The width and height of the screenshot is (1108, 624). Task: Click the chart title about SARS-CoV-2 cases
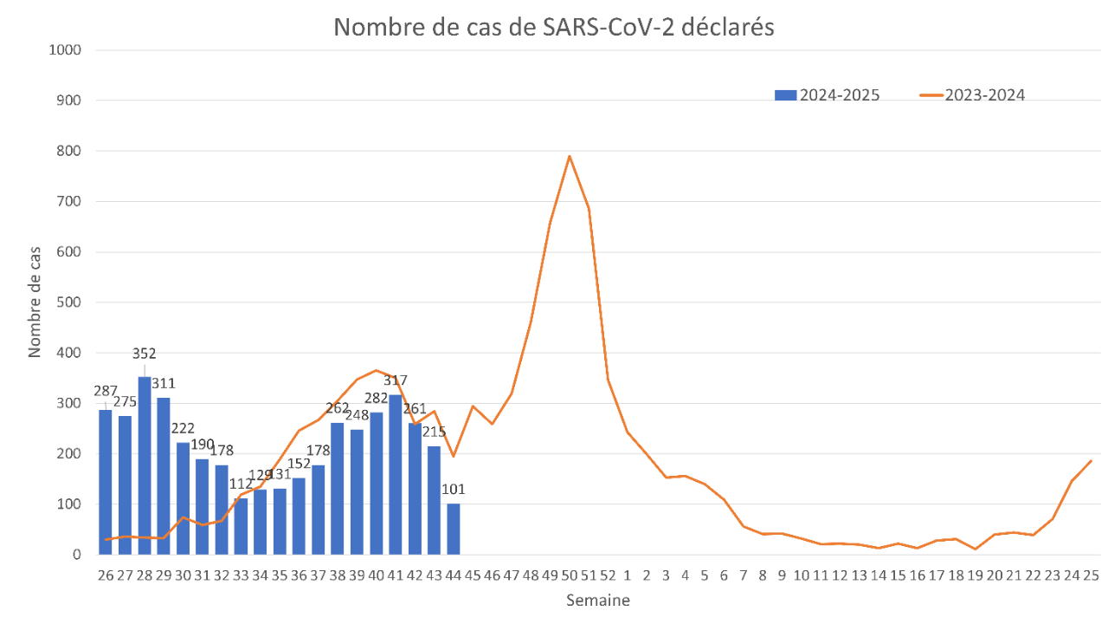[554, 27]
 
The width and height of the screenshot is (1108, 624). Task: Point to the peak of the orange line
[569, 156]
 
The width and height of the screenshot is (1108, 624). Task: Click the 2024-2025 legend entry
[828, 94]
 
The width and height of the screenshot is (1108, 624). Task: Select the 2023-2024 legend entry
[973, 94]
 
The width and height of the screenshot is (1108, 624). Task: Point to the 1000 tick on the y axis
[67, 50]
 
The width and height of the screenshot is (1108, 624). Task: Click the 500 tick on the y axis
[70, 302]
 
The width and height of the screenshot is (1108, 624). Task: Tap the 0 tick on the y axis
[77, 555]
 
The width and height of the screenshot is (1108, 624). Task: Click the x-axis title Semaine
[597, 600]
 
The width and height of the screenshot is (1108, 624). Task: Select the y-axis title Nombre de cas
[35, 302]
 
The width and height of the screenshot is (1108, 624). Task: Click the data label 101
[453, 490]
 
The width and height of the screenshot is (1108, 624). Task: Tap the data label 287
[106, 391]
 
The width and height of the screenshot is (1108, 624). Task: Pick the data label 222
[183, 428]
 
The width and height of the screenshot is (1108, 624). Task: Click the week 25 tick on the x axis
[1091, 575]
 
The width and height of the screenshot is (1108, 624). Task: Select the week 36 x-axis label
[299, 575]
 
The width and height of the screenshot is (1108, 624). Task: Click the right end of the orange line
[1092, 460]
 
